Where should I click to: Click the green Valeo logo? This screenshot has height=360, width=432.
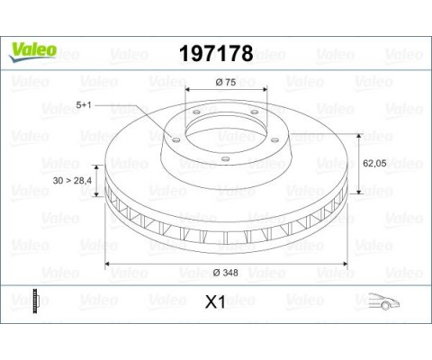click(32, 52)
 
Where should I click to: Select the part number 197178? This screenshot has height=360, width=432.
click(216, 54)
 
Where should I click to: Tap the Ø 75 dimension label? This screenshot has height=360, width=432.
click(226, 82)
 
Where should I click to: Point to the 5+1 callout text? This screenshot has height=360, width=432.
click(84, 105)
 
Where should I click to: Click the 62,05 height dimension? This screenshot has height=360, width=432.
click(374, 164)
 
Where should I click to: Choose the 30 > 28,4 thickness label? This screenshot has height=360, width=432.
click(72, 181)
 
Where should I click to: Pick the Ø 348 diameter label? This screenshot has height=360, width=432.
click(226, 273)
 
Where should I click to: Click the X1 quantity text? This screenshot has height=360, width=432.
click(215, 302)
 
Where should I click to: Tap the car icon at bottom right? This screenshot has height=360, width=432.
click(384, 301)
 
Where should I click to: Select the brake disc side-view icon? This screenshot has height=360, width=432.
click(36, 301)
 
